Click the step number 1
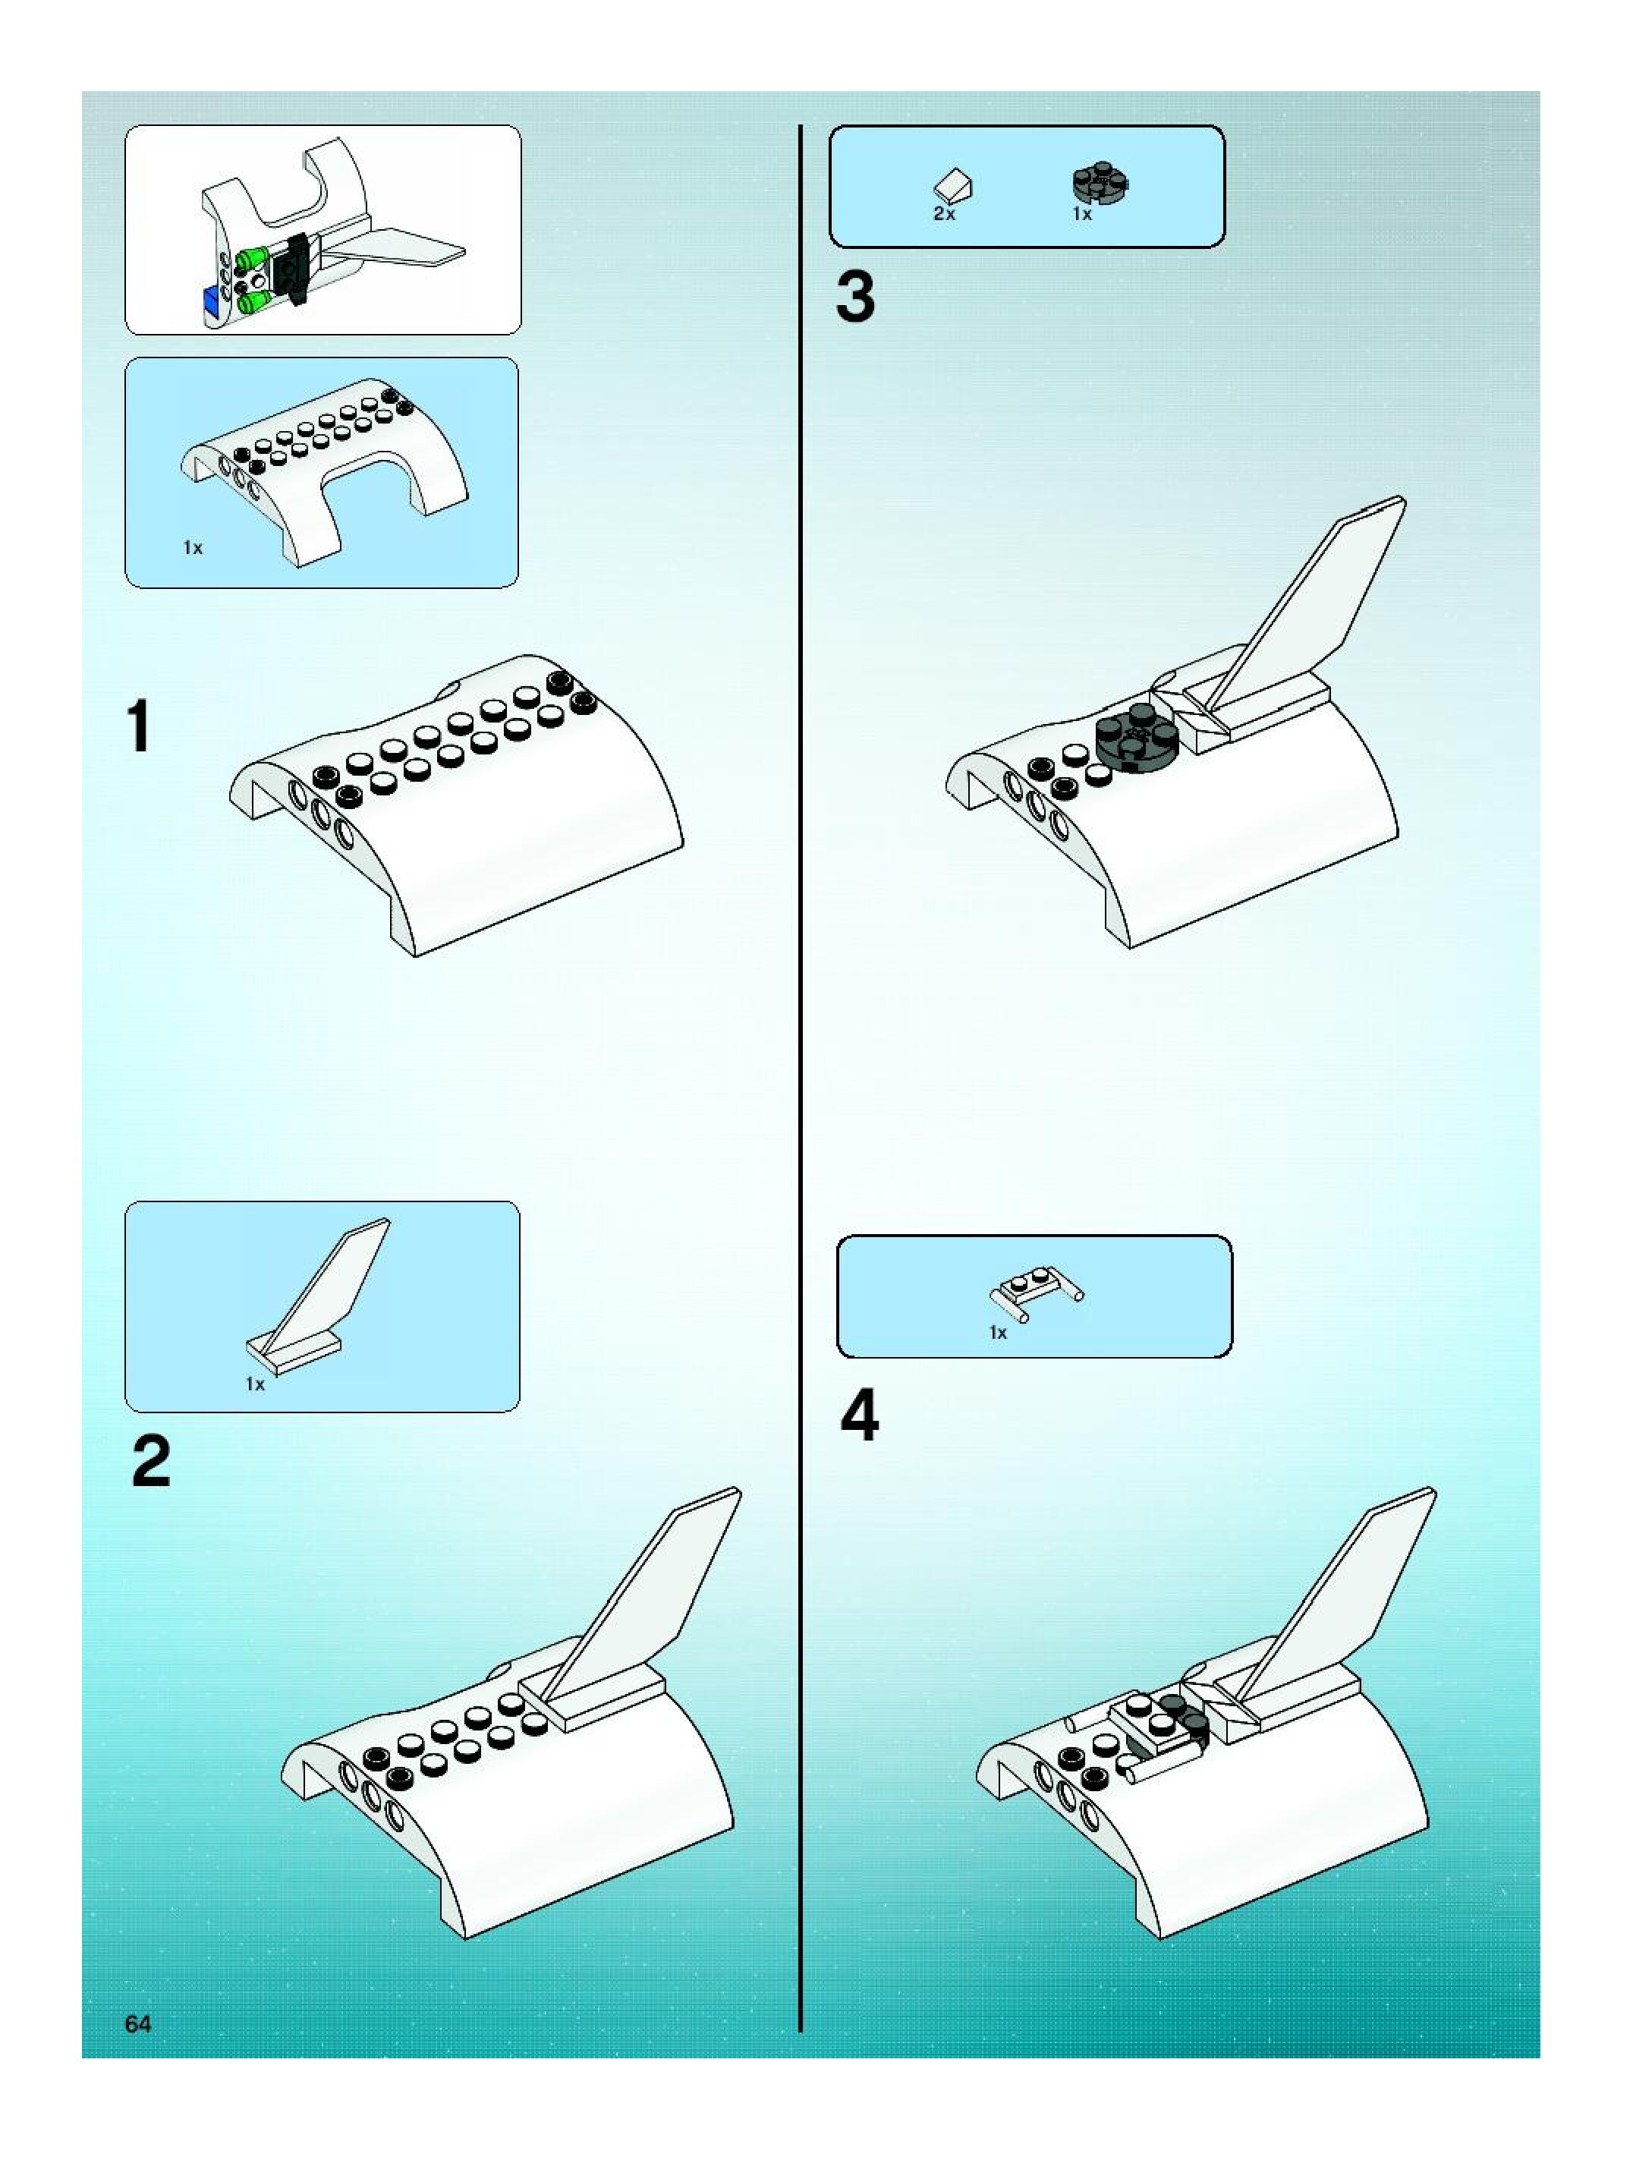pos(140,726)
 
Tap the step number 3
pos(855,298)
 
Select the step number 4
pos(859,1416)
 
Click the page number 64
pos(138,2024)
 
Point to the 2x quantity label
pos(944,213)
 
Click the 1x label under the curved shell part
pos(193,548)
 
